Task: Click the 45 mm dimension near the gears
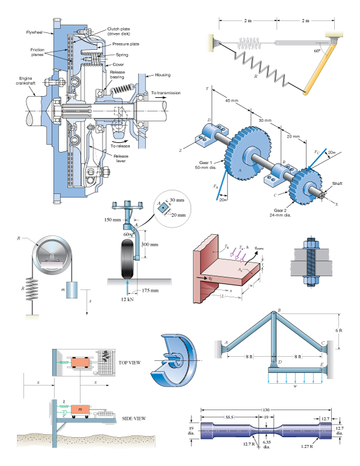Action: [x=232, y=100]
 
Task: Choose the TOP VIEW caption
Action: [x=130, y=363]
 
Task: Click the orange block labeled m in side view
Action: [x=81, y=409]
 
